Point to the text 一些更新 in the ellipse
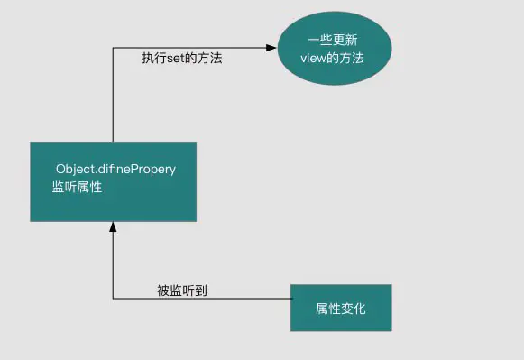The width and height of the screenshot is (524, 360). [334, 40]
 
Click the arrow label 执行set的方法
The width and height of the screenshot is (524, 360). [181, 58]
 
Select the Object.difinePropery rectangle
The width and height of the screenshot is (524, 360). [113, 180]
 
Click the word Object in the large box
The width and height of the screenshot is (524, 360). [75, 168]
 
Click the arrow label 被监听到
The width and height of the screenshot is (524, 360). [183, 290]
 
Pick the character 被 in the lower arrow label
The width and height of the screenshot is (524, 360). [163, 290]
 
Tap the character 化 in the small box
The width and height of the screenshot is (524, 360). [360, 308]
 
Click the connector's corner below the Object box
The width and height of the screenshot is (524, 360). [113, 299]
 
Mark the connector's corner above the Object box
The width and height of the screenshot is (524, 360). [113, 49]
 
